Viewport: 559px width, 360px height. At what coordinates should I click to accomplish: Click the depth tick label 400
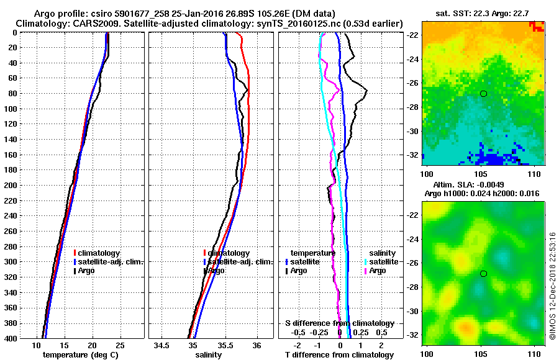[x=11, y=338]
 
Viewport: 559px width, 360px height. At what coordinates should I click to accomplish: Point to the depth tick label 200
[x=11, y=185]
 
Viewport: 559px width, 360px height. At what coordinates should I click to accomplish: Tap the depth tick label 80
[x=12, y=93]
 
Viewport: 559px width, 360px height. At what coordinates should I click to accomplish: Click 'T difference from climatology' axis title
[x=339, y=355]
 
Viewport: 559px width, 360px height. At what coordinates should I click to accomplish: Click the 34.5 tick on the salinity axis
[x=162, y=346]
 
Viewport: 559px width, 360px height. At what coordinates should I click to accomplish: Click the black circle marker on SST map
[x=483, y=94]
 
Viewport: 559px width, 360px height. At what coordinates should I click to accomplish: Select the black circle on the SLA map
[x=483, y=274]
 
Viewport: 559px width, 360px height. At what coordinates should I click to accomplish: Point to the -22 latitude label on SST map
[x=412, y=35]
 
